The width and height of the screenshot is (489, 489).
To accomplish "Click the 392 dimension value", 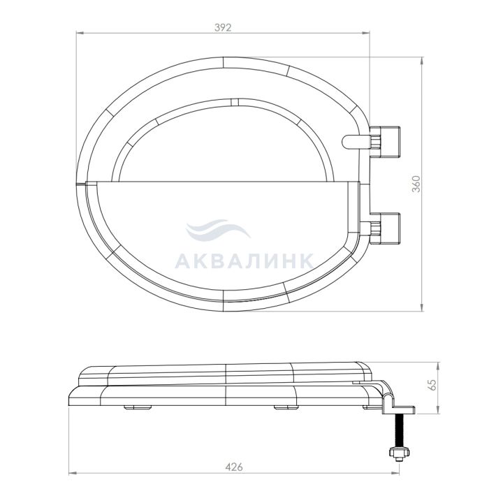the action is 223,28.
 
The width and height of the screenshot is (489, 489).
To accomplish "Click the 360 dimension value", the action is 416,184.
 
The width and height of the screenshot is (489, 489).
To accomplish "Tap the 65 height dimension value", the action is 432,385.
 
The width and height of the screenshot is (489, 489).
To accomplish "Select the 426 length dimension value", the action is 234,467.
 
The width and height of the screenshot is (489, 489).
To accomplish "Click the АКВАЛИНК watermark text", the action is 244,261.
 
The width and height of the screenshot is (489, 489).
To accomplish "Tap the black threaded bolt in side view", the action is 399,431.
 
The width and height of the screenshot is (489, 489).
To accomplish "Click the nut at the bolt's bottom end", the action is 399,453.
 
